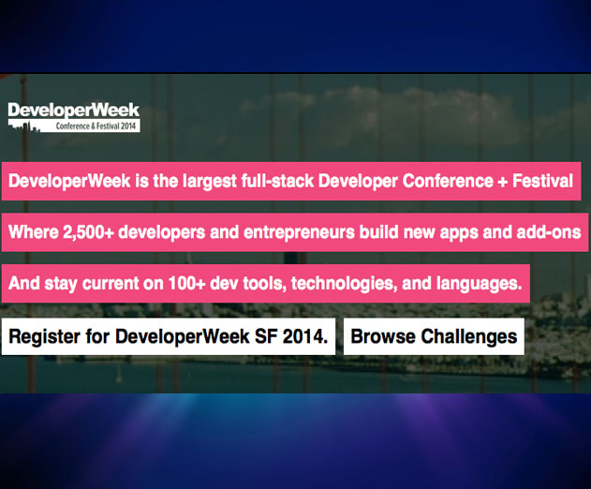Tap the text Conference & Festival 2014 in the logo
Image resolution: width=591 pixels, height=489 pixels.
click(x=96, y=126)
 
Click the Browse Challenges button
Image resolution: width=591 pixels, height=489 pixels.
click(x=434, y=336)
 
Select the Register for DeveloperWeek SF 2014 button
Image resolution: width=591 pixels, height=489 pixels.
click(x=168, y=336)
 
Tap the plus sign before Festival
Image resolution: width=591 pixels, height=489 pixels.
click(x=502, y=182)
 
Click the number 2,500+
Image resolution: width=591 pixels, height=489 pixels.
click(x=88, y=232)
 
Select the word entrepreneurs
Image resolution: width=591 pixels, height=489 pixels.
click(x=300, y=232)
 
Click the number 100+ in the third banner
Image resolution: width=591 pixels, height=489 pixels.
click(x=186, y=284)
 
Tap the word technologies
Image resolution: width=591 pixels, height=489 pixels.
click(x=345, y=284)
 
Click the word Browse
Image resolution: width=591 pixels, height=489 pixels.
click(x=383, y=336)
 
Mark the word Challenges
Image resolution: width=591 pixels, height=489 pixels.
click(x=469, y=337)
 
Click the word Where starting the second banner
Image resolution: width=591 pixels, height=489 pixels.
click(x=33, y=232)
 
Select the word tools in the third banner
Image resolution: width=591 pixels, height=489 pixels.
click(x=262, y=284)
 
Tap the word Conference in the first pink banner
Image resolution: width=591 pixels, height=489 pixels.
click(x=448, y=181)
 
